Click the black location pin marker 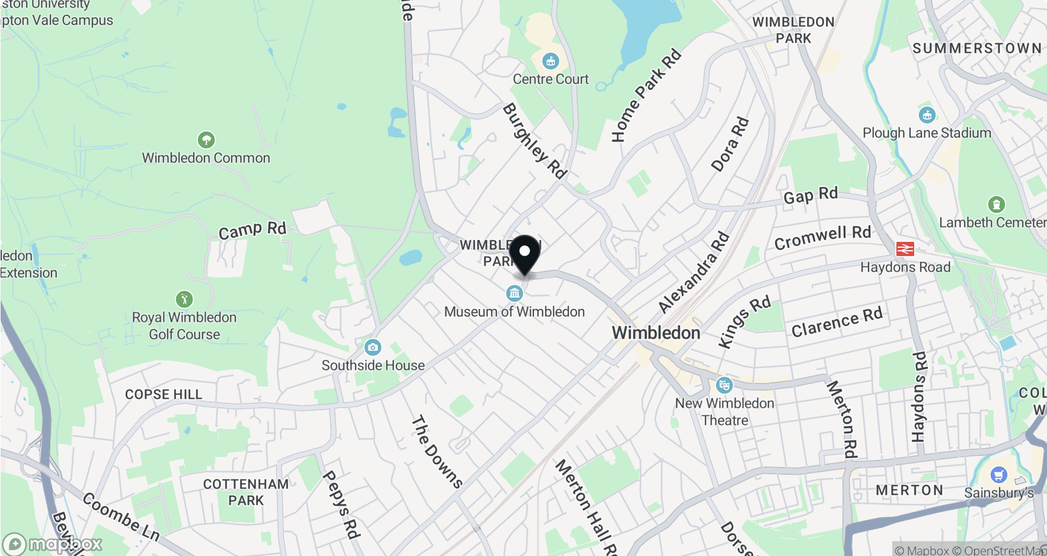pos(525,254)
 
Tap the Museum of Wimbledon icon pos(514,293)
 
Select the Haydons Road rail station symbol pos(905,249)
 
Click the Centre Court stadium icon pos(551,61)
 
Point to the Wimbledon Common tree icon pos(206,140)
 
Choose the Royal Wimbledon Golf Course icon pos(184,299)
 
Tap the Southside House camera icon pos(373,347)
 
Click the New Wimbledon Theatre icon pos(724,385)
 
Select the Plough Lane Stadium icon pos(927,115)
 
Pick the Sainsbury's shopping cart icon pos(998,475)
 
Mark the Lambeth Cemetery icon pos(996,204)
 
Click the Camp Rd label pos(252,230)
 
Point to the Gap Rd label pos(810,195)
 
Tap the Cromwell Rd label pos(822,237)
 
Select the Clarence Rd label pos(837,321)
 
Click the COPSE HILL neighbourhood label pos(164,395)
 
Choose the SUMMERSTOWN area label pos(976,49)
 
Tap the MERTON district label pos(909,490)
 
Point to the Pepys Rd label pos(341,504)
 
